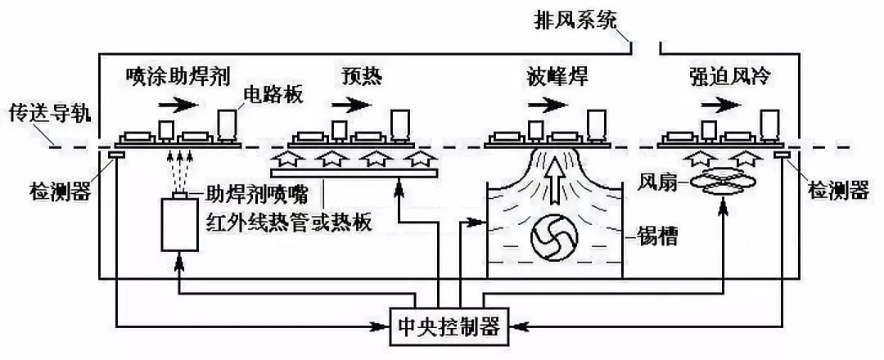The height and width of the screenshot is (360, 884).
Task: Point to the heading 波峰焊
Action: tap(557, 76)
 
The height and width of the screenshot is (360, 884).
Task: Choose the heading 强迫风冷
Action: tap(732, 76)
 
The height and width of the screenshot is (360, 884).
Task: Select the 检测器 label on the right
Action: tap(837, 191)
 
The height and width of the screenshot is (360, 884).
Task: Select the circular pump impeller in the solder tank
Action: tap(555, 238)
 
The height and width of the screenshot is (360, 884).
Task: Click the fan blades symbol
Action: tap(721, 182)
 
